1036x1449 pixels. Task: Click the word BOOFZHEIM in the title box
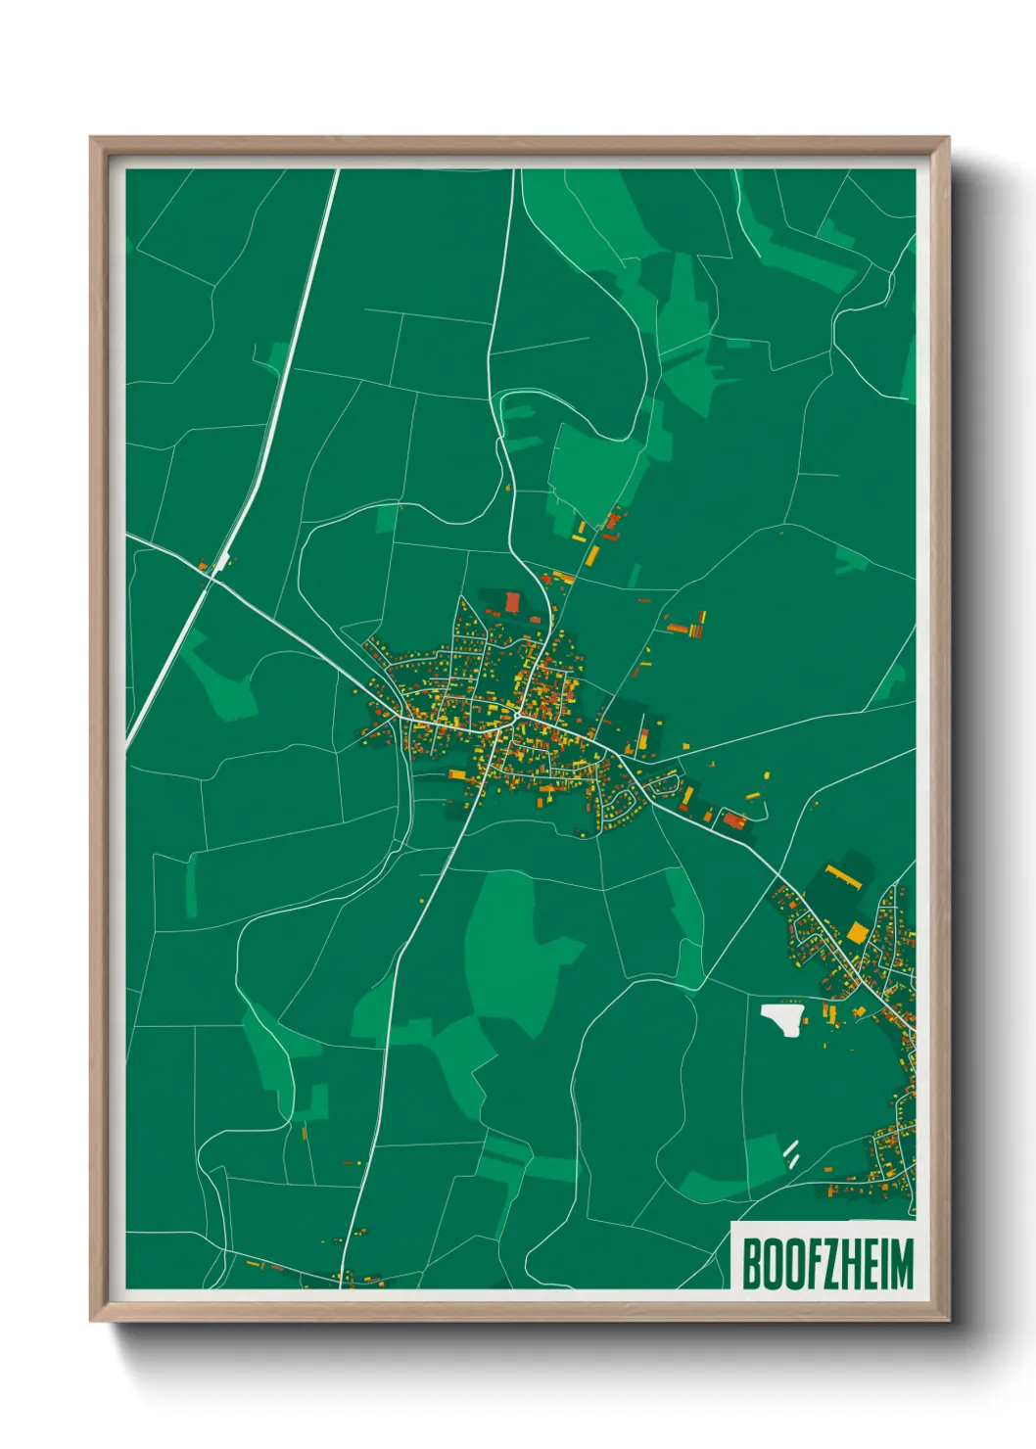pyautogui.click(x=827, y=1264)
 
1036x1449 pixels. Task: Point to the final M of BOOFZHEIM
pyautogui.click(x=902, y=1264)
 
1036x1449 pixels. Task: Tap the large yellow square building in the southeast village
pyautogui.click(x=858, y=932)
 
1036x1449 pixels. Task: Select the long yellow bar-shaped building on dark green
pyautogui.click(x=841, y=874)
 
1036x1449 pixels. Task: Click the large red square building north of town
pyautogui.click(x=512, y=601)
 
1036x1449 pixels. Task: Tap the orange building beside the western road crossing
pyautogui.click(x=203, y=566)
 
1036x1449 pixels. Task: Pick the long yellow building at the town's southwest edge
pyautogui.click(x=457, y=774)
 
